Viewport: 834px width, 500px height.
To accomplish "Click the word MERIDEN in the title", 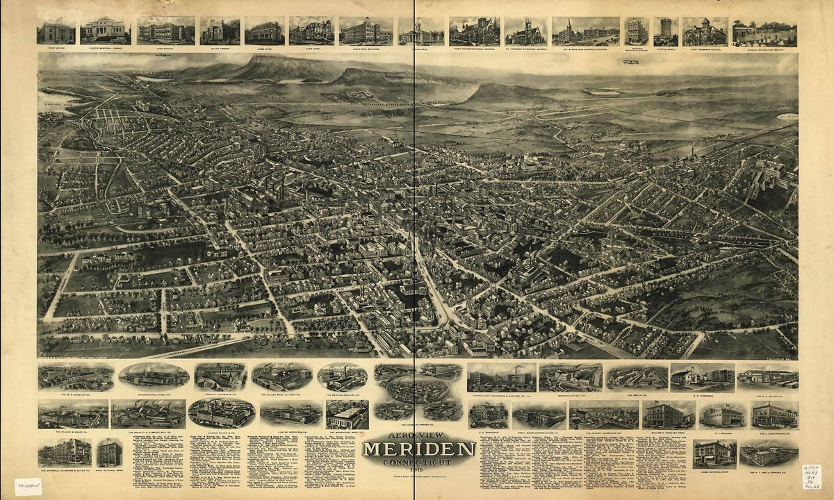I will click(x=418, y=449).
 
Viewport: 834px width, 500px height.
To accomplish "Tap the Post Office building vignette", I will click(x=56, y=31).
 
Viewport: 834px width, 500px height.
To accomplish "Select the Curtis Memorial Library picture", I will click(x=105, y=30).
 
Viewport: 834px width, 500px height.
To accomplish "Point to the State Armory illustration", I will click(x=220, y=31).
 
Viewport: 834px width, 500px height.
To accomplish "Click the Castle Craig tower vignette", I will click(x=665, y=31).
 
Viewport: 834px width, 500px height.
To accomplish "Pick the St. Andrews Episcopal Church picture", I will click(x=525, y=31).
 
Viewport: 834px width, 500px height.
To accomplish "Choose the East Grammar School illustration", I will click(x=705, y=31).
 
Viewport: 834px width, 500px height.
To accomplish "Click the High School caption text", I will click(x=165, y=49).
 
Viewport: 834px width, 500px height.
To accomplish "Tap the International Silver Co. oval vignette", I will click(x=154, y=376).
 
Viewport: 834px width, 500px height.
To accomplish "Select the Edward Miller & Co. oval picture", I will click(x=221, y=412).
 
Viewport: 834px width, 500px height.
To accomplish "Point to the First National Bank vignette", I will click(x=109, y=453).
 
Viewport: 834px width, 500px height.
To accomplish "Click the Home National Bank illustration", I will click(x=714, y=453).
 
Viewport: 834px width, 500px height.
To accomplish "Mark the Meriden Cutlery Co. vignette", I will click(x=571, y=377).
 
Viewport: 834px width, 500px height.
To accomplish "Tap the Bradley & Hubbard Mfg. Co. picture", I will click(x=148, y=413).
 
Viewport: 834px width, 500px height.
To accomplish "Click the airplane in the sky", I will click(x=631, y=62).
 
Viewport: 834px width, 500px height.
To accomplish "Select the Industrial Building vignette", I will click(x=366, y=31).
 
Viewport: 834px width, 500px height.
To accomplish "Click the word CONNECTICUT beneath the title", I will click(x=418, y=462).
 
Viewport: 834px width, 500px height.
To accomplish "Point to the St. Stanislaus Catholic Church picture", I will click(x=585, y=31).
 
